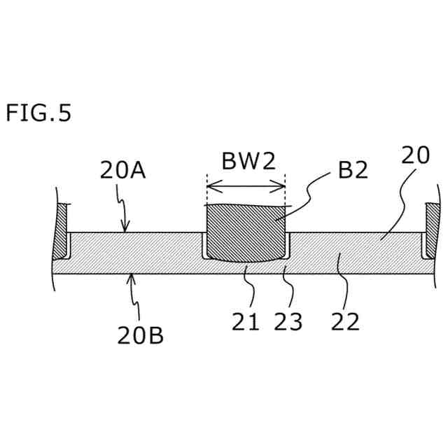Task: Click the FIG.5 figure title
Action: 38,113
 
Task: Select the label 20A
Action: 122,170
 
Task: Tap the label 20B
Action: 140,335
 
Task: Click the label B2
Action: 352,171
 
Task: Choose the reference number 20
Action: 415,156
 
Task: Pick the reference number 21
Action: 246,321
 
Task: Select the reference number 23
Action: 288,321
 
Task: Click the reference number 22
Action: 344,321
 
